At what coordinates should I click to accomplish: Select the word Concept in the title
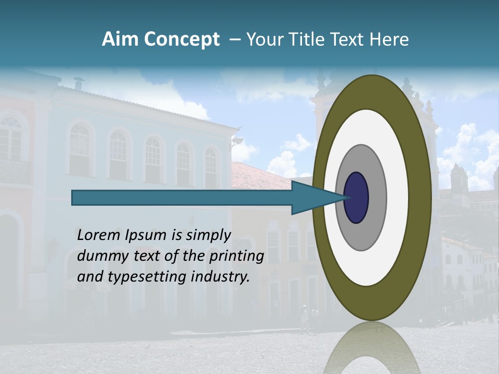click(x=181, y=39)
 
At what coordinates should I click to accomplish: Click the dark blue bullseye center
click(x=356, y=197)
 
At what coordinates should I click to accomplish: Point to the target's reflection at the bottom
click(x=371, y=348)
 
